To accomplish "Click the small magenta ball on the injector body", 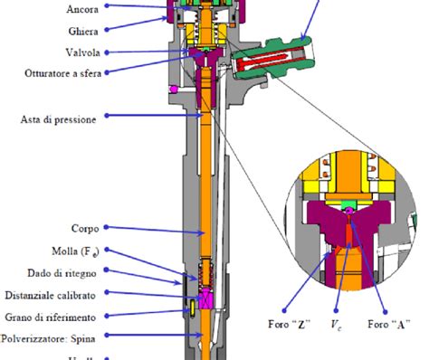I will (174, 89).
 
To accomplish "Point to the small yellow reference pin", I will (192, 309).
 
